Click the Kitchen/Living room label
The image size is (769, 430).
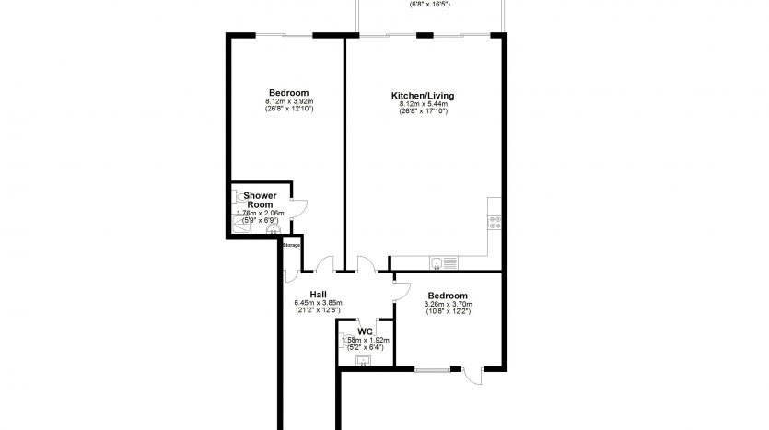(x=423, y=96)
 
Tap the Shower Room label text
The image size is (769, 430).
(x=260, y=200)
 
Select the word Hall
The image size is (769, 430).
(x=318, y=295)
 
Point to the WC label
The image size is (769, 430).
(x=365, y=331)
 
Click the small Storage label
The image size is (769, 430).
(x=291, y=245)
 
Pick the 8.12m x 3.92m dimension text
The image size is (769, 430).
(x=288, y=101)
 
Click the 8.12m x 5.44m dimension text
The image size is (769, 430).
(x=423, y=104)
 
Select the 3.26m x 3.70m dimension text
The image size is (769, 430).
(x=448, y=304)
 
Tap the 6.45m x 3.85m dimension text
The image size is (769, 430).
(x=318, y=303)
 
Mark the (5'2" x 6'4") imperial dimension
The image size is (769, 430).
(x=365, y=347)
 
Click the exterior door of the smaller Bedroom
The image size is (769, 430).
(x=472, y=375)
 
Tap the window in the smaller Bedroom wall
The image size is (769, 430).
(x=431, y=369)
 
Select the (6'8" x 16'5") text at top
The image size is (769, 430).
(x=429, y=4)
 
